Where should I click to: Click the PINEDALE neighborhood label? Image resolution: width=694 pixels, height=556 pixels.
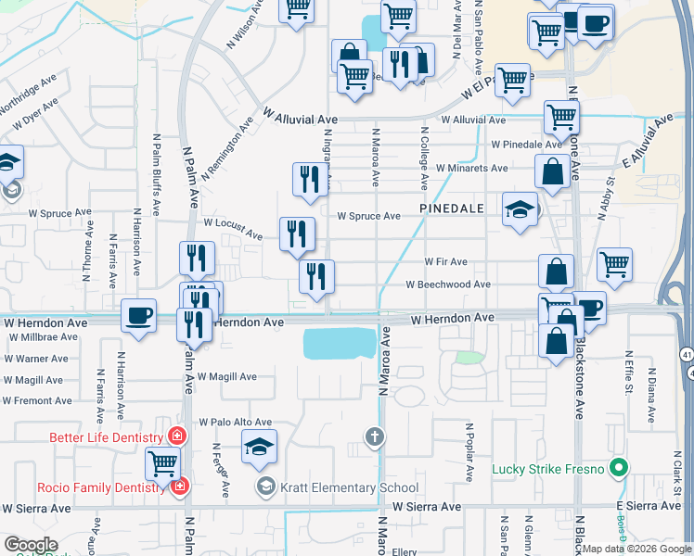tap(452, 209)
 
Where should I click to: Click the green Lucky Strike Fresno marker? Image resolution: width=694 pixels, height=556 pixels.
tap(614, 469)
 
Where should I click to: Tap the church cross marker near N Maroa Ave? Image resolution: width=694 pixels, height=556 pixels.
tap(373, 436)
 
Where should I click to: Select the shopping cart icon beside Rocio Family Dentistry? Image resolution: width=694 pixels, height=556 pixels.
tap(162, 462)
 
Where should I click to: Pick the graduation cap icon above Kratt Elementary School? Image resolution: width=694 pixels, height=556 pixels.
tap(259, 447)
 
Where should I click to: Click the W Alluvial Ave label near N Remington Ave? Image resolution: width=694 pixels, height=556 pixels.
tap(300, 118)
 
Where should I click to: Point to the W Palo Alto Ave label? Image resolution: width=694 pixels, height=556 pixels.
tap(235, 422)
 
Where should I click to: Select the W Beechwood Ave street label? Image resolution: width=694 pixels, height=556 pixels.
tap(448, 284)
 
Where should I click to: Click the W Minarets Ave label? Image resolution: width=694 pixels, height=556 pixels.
tap(471, 169)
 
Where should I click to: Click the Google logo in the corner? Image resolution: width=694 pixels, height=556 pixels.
tap(31, 545)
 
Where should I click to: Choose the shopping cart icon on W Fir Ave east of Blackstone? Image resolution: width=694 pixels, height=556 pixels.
tap(614, 265)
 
